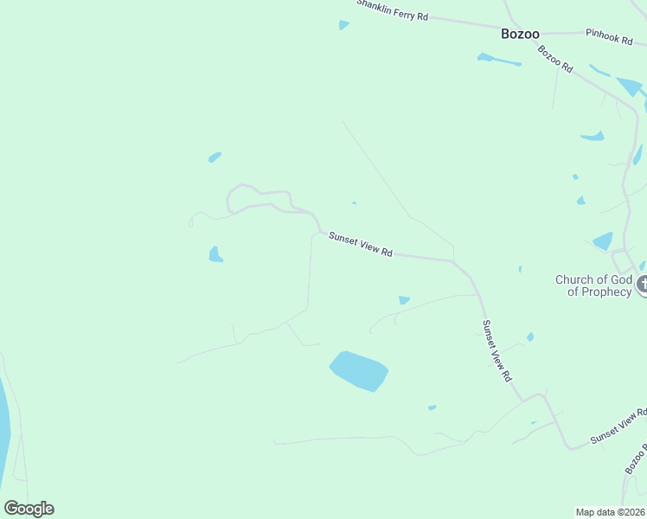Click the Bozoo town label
click(520, 34)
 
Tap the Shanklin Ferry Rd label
click(393, 10)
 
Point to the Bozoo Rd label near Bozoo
click(555, 58)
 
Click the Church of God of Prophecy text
click(593, 285)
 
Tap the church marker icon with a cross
click(643, 284)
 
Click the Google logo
click(29, 509)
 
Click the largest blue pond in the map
click(359, 371)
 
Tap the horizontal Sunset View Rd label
click(361, 245)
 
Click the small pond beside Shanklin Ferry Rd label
click(343, 25)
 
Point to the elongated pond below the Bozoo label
click(499, 60)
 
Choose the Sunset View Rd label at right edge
click(618, 426)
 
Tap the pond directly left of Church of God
click(603, 241)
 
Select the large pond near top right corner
click(629, 86)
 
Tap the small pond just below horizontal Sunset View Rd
click(404, 300)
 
